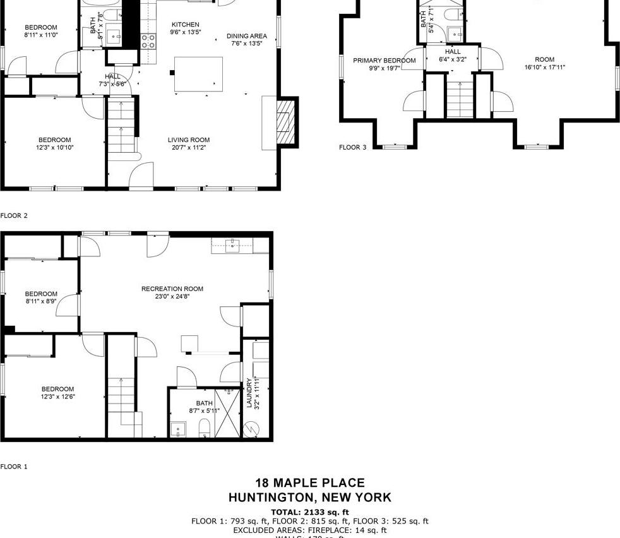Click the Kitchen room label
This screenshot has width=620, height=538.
point(184,25)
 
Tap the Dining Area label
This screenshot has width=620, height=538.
point(247,37)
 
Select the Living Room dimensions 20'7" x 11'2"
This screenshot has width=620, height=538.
point(188,148)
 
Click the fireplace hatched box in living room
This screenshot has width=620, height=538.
point(287,124)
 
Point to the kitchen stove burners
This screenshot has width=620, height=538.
point(148,41)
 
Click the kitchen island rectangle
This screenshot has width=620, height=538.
point(199,74)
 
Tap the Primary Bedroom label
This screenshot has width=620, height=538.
point(384,61)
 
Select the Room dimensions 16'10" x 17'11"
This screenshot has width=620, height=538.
point(544,68)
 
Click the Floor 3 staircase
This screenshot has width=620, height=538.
point(460,95)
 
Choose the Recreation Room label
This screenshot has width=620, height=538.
point(172,289)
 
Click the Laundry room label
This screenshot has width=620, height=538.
point(250,393)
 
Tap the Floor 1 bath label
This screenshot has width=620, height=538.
point(204,403)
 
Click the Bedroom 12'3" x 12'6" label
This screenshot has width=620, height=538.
point(57,389)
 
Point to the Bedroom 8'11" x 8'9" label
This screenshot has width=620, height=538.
point(41,294)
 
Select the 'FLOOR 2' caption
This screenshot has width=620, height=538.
point(14,216)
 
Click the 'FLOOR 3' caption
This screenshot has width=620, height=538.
point(352,148)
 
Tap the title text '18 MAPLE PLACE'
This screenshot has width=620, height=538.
point(309,484)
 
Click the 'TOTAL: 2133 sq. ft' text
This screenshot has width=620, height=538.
point(309,512)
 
